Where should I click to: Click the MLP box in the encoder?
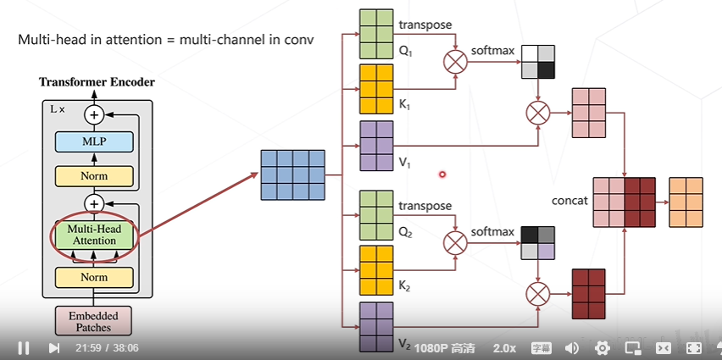pyautogui.click(x=94, y=141)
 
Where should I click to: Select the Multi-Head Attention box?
pyautogui.click(x=94, y=235)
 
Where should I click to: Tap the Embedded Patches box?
pyautogui.click(x=94, y=321)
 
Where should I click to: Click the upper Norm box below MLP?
pyautogui.click(x=94, y=176)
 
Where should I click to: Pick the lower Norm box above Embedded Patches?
pyautogui.click(x=94, y=278)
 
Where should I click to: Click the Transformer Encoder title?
pyautogui.click(x=97, y=82)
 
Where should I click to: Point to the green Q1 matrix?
pyautogui.click(x=377, y=31)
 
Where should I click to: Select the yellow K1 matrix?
pyautogui.click(x=377, y=88)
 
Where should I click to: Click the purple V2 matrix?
pyautogui.click(x=377, y=326)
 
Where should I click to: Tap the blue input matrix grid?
pyautogui.click(x=293, y=175)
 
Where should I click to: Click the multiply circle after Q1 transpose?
pyautogui.click(x=456, y=61)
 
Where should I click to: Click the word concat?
pyautogui.click(x=569, y=201)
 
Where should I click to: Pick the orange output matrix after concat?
pyautogui.click(x=686, y=202)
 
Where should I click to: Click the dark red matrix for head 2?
pyautogui.click(x=589, y=293)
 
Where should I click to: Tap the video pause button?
pyautogui.click(x=24, y=347)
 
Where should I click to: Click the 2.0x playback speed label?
pyautogui.click(x=505, y=348)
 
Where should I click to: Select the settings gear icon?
pyautogui.click(x=603, y=348)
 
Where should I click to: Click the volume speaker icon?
pyautogui.click(x=572, y=348)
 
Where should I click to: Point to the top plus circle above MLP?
pyautogui.click(x=94, y=114)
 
